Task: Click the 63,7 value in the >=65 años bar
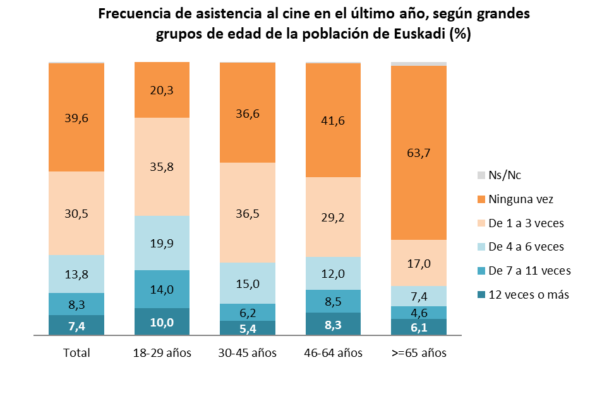click(419, 152)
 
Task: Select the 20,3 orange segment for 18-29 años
click(162, 90)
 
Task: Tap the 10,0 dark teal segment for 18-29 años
click(162, 322)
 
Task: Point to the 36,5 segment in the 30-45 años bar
click(247, 213)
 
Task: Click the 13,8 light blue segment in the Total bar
click(76, 274)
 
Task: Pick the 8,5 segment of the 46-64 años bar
click(333, 301)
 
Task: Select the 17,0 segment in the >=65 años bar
click(419, 263)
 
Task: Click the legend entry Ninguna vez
click(521, 199)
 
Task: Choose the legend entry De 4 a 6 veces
click(526, 247)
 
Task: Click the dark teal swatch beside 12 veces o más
click(481, 295)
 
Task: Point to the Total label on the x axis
click(76, 353)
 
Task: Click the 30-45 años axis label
click(247, 353)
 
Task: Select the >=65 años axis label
click(419, 353)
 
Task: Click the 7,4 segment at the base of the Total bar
click(76, 325)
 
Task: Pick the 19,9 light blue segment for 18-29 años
click(162, 243)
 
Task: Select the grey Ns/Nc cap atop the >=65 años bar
click(419, 63)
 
